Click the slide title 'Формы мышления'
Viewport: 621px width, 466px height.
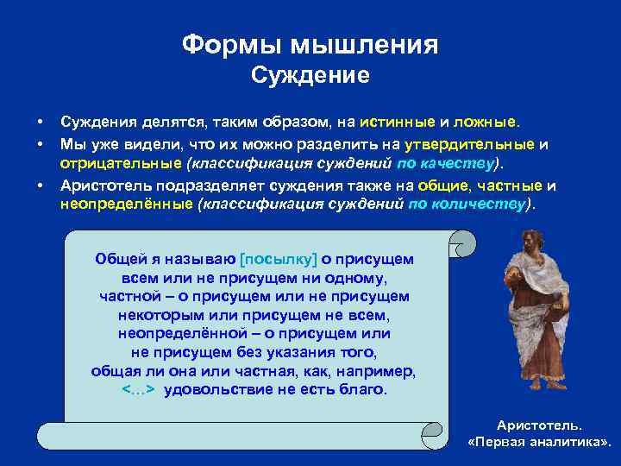[x=310, y=44]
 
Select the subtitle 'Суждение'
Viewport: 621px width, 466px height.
[x=310, y=76]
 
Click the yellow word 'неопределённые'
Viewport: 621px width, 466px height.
[x=126, y=205]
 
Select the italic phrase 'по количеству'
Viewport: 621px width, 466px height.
[x=466, y=205]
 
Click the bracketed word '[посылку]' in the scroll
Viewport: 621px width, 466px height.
[x=279, y=258]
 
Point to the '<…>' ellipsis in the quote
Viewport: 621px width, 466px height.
[x=138, y=389]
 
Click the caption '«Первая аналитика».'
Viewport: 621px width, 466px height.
[x=539, y=442]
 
